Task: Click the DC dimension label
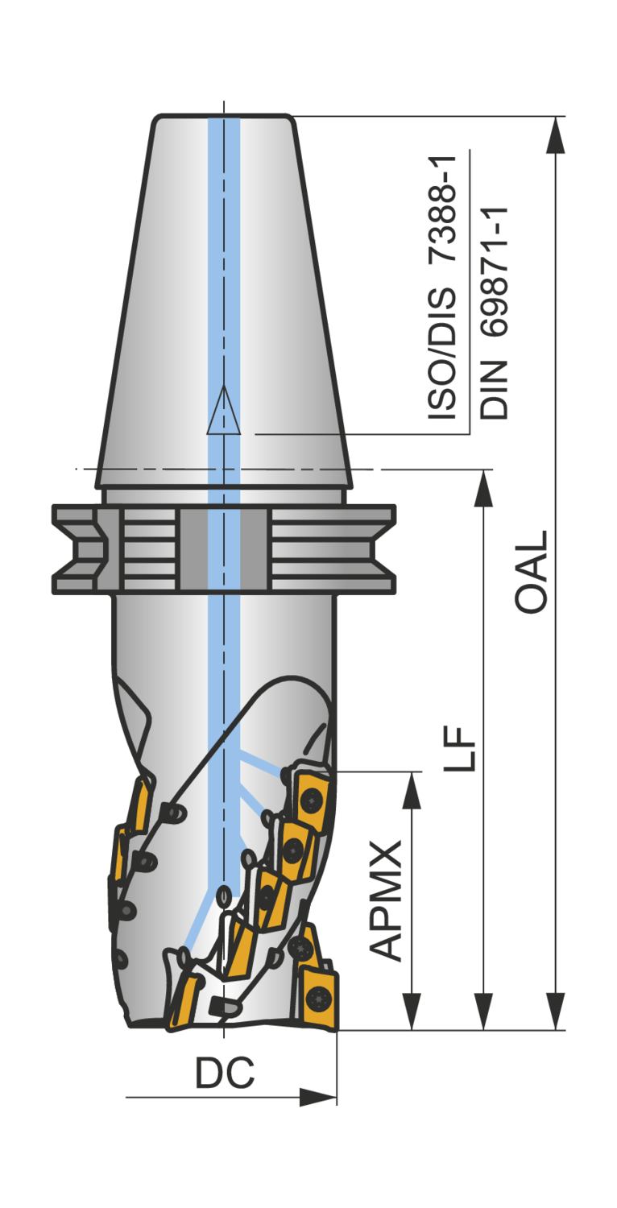(225, 1072)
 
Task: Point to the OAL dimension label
(532, 572)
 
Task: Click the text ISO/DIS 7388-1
(442, 288)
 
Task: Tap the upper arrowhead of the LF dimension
(483, 488)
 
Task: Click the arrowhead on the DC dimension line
(317, 1097)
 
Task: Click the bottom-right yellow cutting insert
(320, 996)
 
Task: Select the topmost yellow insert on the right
(310, 797)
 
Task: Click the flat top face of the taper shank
(222, 118)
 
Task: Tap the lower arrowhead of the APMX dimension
(412, 1011)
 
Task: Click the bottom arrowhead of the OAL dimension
(555, 1011)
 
